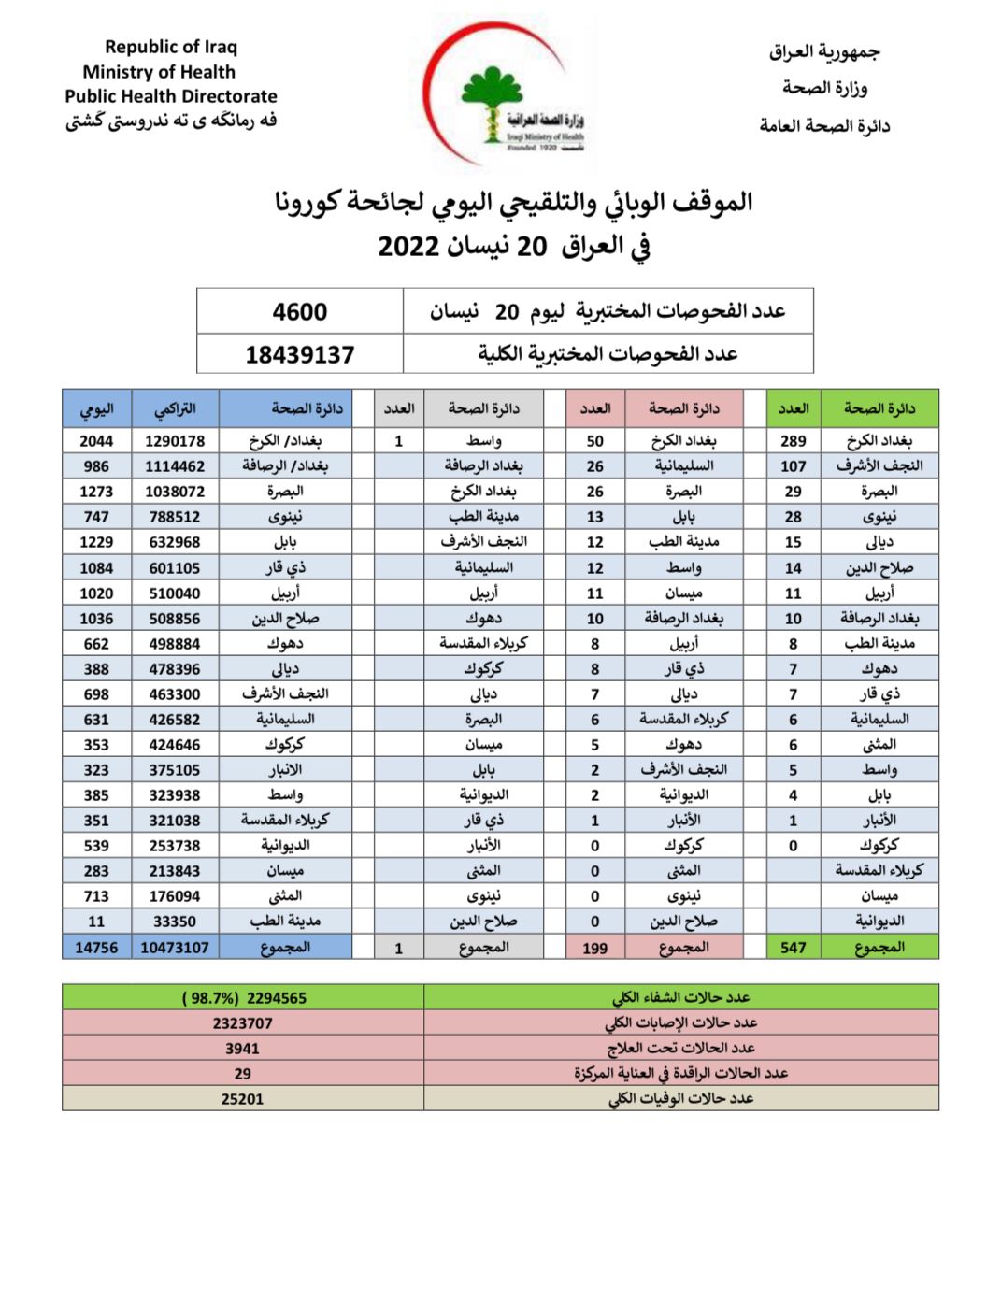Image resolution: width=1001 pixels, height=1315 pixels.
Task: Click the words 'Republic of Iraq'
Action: (x=171, y=47)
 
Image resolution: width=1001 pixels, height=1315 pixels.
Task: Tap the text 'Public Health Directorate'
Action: (x=171, y=96)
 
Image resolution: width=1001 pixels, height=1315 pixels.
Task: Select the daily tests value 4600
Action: (x=300, y=312)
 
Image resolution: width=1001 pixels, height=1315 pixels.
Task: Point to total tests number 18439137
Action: (x=300, y=355)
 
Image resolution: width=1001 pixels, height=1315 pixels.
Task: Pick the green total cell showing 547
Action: (x=794, y=948)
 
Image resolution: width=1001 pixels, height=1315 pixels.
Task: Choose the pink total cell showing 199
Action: (x=595, y=948)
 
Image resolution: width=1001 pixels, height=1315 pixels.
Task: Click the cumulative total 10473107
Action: (x=175, y=948)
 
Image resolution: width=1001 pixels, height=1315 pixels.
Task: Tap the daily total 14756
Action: (x=96, y=948)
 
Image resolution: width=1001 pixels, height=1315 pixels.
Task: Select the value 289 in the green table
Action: (x=794, y=441)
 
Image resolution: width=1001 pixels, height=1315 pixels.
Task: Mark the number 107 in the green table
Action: (x=794, y=466)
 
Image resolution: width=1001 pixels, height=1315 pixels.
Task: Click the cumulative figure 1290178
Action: (x=175, y=441)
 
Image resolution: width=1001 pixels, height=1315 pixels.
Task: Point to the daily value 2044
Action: (x=96, y=441)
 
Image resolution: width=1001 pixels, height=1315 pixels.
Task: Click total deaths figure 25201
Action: (x=242, y=1099)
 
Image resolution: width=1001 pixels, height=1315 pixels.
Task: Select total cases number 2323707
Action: (x=242, y=1023)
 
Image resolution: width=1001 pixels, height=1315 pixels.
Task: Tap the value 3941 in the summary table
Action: (x=242, y=1049)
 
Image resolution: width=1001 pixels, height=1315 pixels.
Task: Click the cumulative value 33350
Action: (x=175, y=922)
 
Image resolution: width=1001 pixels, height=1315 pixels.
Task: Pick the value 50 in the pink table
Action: (x=595, y=441)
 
